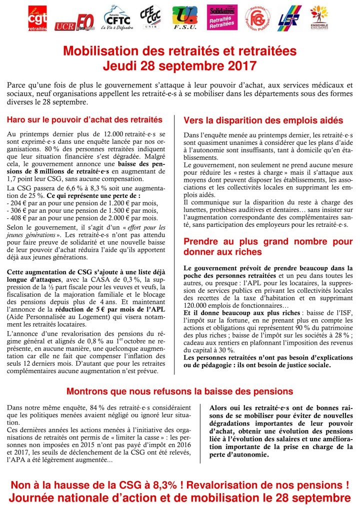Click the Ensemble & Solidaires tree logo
coord(319,18)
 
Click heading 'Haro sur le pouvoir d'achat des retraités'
coord(84,119)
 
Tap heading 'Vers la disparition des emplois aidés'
coord(263,120)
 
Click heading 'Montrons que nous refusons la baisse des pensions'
coord(179,391)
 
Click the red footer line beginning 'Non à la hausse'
coord(179,484)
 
